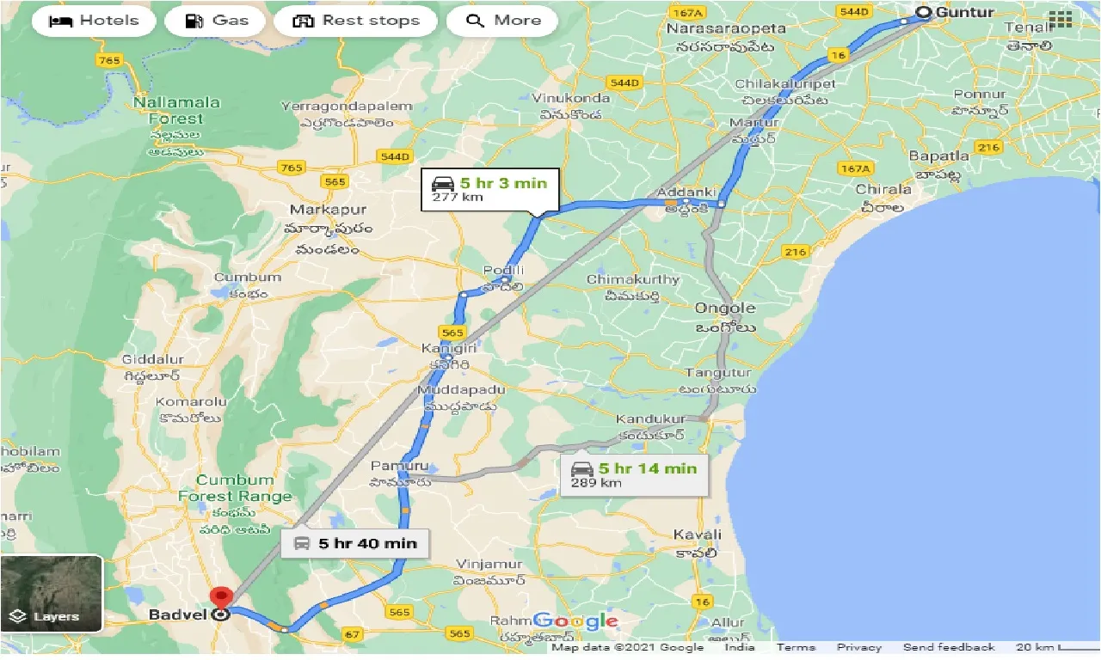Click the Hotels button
(x=94, y=21)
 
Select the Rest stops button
(x=355, y=21)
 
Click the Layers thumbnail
(x=52, y=593)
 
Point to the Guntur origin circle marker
(x=923, y=12)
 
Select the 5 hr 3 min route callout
(x=489, y=189)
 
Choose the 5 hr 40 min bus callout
(x=354, y=543)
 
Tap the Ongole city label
(x=725, y=309)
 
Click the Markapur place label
(x=328, y=210)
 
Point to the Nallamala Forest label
(x=176, y=110)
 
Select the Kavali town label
(x=697, y=535)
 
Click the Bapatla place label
(x=939, y=156)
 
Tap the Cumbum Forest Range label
(x=235, y=488)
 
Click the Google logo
(x=575, y=620)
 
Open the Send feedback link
(x=949, y=647)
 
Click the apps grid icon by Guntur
(x=1060, y=19)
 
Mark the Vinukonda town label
(x=571, y=98)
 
